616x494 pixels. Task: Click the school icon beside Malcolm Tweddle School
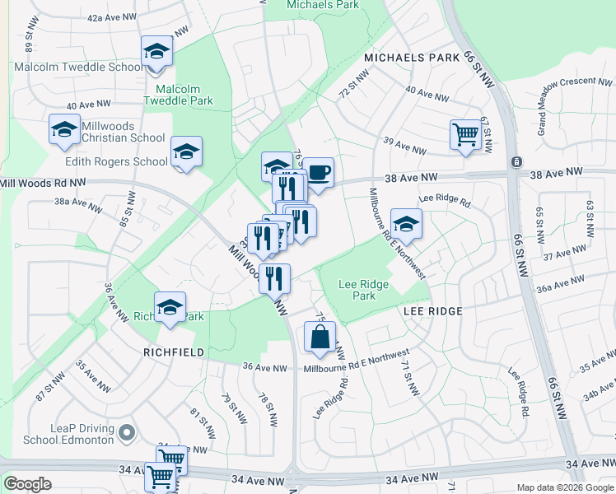(x=156, y=51)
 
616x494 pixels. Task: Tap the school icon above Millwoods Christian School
(x=64, y=130)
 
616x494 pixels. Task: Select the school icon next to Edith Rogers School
(x=187, y=151)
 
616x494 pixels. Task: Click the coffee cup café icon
(x=319, y=173)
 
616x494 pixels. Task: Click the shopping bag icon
(x=320, y=337)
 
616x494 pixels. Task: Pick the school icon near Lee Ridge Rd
(x=405, y=223)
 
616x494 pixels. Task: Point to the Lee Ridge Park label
(x=363, y=290)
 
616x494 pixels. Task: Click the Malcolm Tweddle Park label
(x=179, y=95)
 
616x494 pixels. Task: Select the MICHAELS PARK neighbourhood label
(x=411, y=58)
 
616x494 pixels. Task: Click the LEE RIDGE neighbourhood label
(x=432, y=311)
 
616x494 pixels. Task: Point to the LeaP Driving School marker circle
(x=125, y=431)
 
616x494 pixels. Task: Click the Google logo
(x=27, y=484)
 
